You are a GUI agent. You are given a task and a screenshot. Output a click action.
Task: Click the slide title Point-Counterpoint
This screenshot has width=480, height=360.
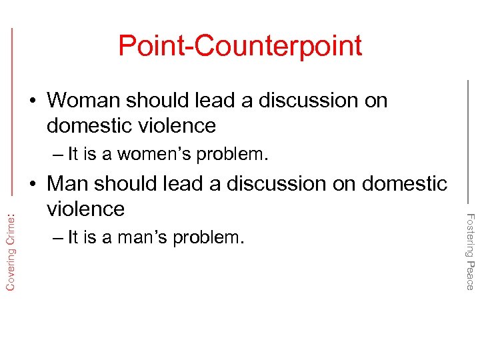[x=240, y=46]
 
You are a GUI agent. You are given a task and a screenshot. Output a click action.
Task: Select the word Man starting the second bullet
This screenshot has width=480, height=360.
[x=70, y=183]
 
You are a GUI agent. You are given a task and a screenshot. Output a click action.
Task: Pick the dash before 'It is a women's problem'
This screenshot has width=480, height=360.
[x=55, y=155]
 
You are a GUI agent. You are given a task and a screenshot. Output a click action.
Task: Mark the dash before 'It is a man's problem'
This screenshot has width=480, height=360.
[x=55, y=238]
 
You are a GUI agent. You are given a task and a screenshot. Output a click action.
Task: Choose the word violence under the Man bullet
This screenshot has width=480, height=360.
[x=86, y=209]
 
